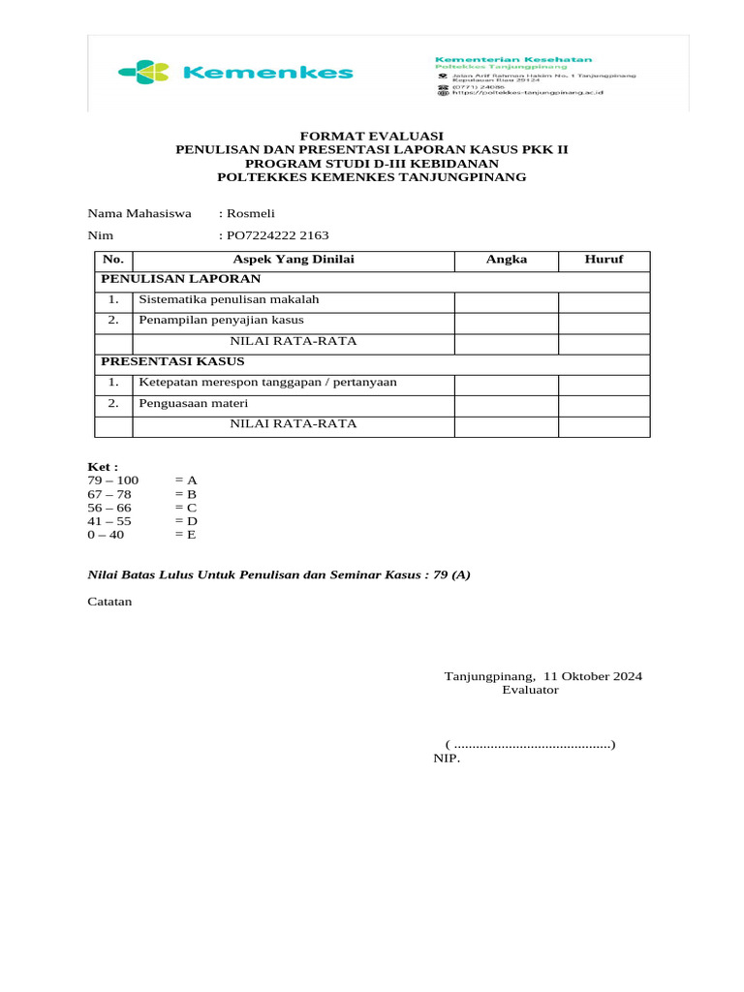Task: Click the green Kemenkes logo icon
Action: [143, 72]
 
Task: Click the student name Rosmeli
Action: [251, 213]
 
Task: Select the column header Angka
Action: [506, 260]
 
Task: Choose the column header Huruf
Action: [604, 260]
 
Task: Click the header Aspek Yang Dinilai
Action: [294, 260]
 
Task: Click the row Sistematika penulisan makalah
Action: [229, 299]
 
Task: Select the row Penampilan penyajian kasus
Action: [221, 320]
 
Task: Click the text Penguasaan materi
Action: [194, 403]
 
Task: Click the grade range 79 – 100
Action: [113, 480]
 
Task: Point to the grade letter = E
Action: [186, 534]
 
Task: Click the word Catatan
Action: [109, 602]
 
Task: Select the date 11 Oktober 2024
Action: [593, 676]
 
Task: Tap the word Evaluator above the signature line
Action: [530, 690]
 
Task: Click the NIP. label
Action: [447, 759]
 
